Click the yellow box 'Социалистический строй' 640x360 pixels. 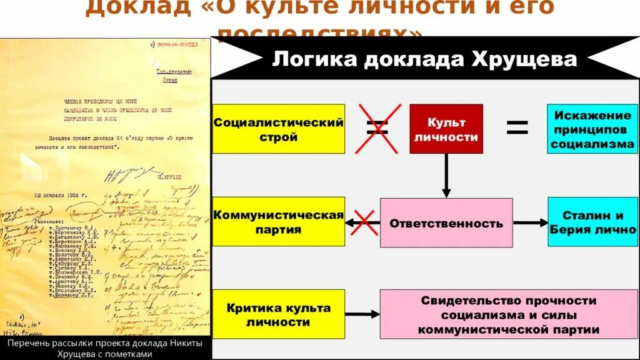click(x=278, y=129)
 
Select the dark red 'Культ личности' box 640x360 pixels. click(x=446, y=129)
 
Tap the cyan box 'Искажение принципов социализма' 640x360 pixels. click(x=592, y=129)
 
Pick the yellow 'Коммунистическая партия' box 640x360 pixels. click(x=278, y=222)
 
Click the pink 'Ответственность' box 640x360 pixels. click(x=446, y=222)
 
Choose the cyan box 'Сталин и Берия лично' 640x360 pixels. click(x=592, y=222)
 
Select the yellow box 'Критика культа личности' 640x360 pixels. click(x=278, y=314)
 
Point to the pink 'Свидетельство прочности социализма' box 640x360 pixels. click(x=508, y=314)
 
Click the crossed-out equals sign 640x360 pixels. click(x=377, y=129)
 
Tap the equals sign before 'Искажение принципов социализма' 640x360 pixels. click(x=517, y=129)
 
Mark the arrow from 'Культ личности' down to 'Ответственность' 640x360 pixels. click(x=446, y=176)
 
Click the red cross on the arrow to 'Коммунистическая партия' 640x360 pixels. click(x=362, y=222)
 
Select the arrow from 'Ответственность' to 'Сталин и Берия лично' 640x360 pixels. click(x=530, y=222)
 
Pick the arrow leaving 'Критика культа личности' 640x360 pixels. click(x=362, y=314)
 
